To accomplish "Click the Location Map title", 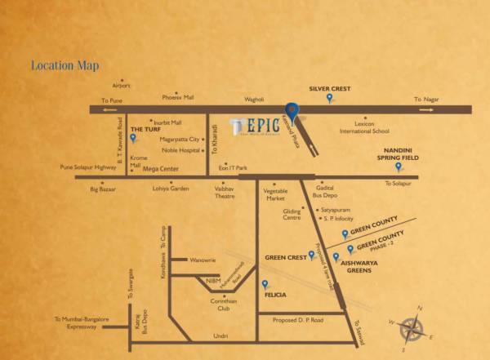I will [64, 65].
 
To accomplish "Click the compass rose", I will [413, 328].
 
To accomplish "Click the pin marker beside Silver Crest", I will [329, 98].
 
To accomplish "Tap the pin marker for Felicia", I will [265, 284].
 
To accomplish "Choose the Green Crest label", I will [285, 257].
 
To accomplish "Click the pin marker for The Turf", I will [132, 138].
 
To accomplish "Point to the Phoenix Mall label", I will [178, 97].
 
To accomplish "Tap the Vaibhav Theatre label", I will [225, 193].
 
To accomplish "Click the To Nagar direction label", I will [427, 100].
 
